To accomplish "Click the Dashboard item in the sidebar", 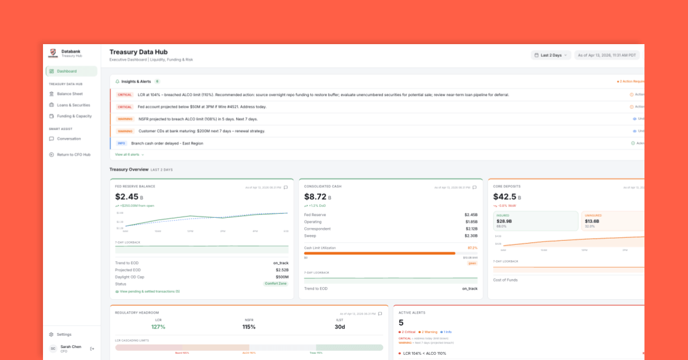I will (67, 71).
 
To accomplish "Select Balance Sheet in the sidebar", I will (69, 94).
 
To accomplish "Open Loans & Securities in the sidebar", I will (73, 105).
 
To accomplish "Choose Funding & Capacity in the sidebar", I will (74, 116).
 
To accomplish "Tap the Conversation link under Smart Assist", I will (69, 139).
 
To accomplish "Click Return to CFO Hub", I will (73, 155).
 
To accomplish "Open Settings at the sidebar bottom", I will (64, 334).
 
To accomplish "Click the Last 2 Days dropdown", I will (551, 55).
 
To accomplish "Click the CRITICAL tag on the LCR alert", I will (124, 95).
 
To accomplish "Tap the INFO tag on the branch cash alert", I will (121, 143).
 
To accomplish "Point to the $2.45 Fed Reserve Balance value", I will (127, 197).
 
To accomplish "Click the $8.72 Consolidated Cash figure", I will (315, 197).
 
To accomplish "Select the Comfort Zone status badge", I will (275, 284).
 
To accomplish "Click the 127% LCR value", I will (158, 327).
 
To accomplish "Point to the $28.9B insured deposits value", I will (504, 221).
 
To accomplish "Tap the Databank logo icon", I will (53, 53).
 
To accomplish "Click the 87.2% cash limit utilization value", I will (472, 248).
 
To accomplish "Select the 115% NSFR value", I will (249, 327).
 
